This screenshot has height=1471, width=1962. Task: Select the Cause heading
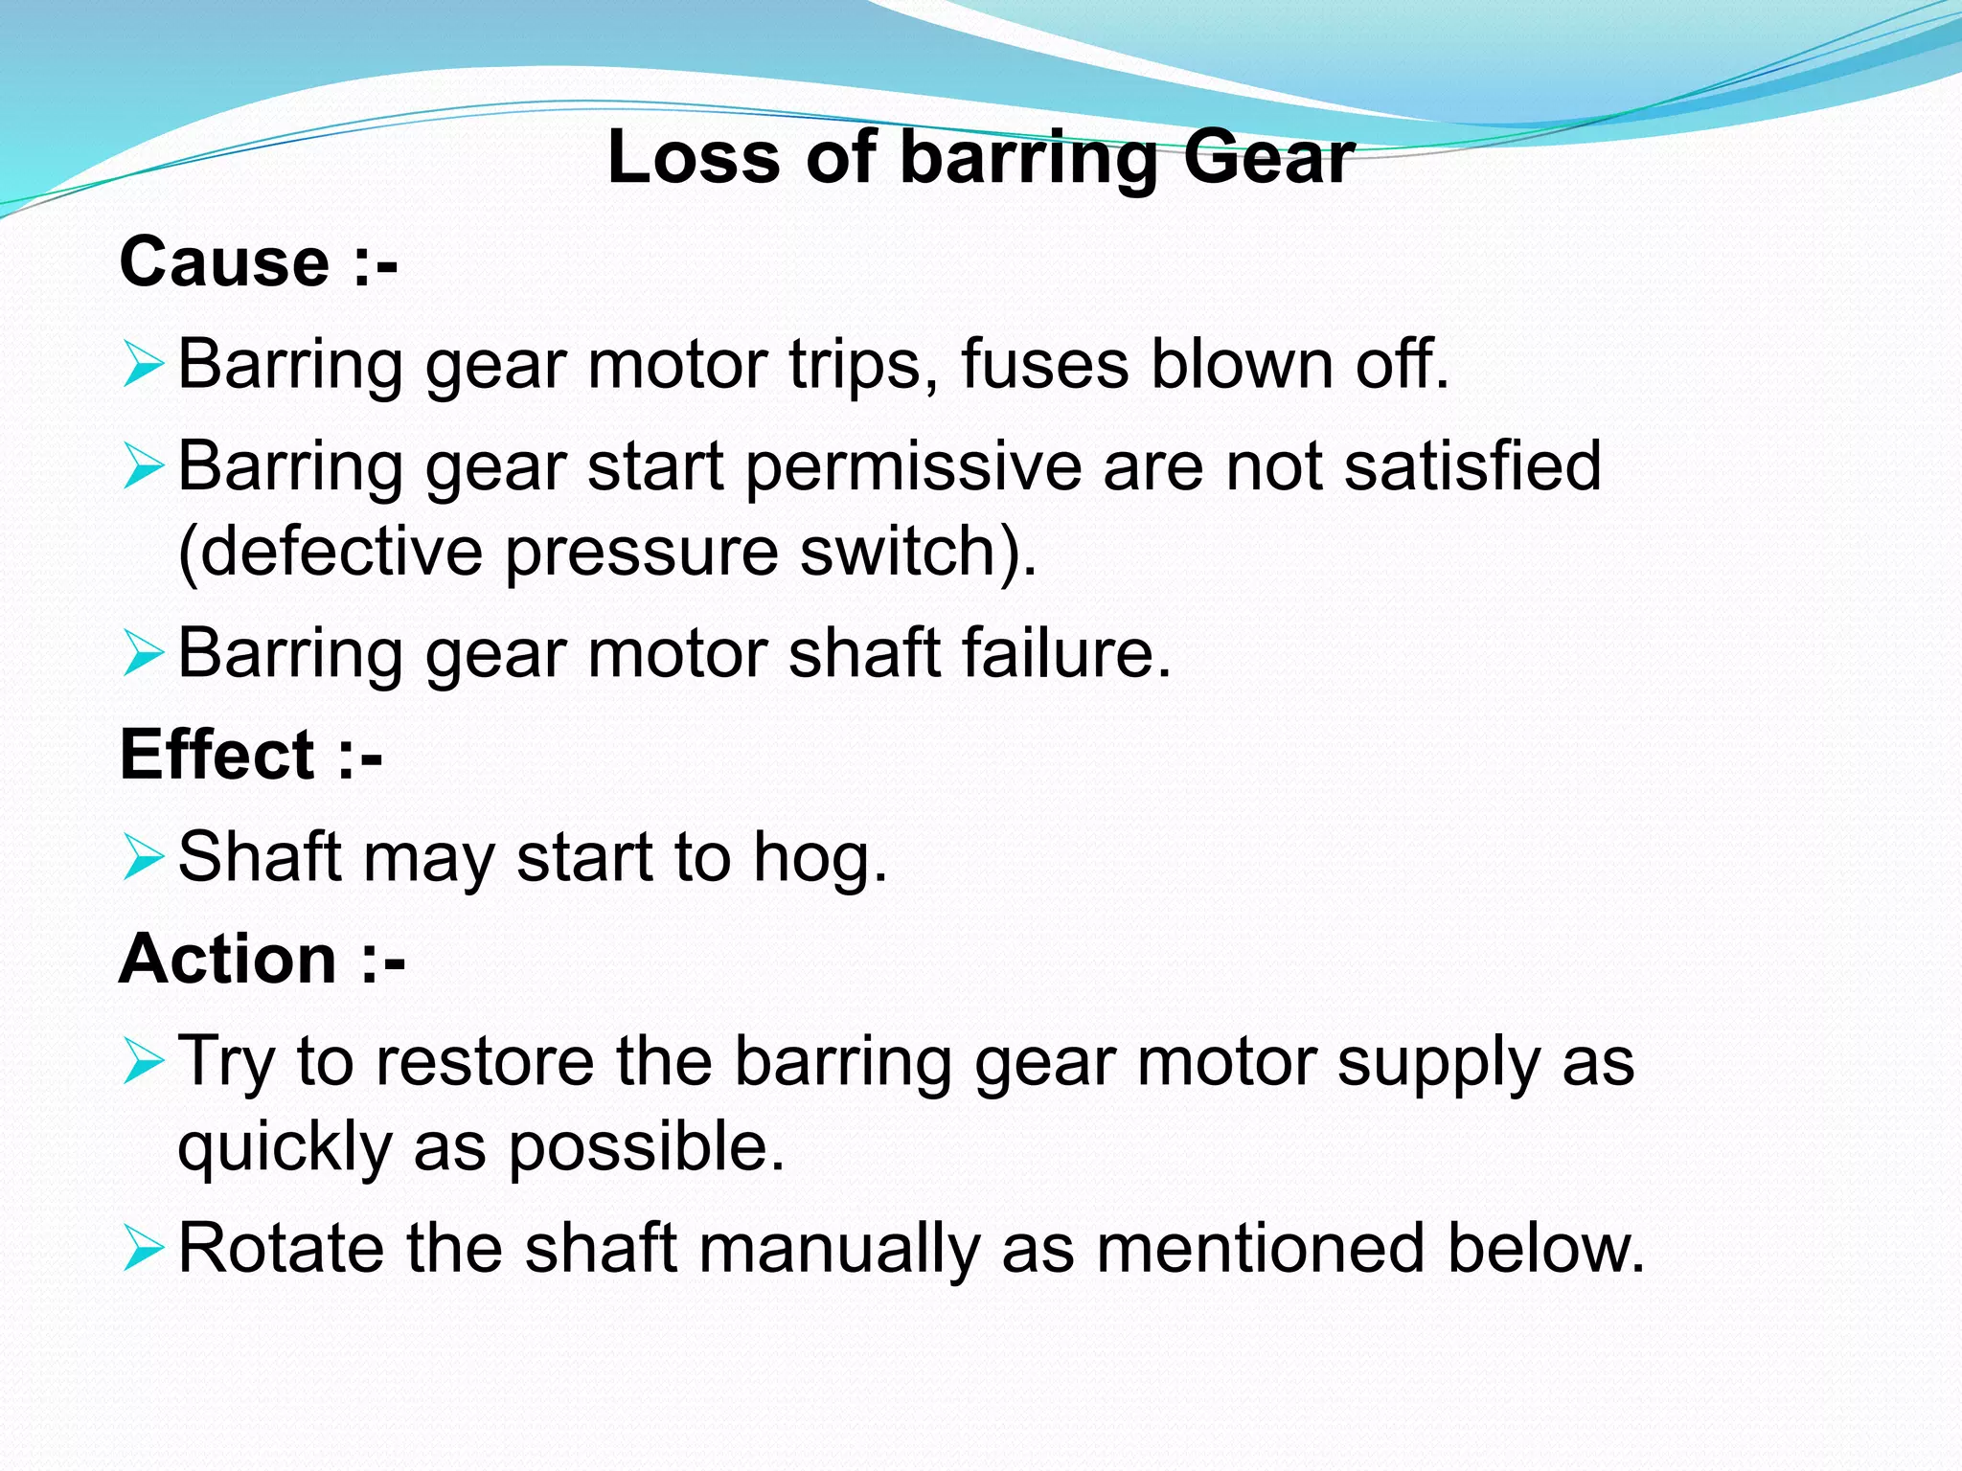pyautogui.click(x=224, y=261)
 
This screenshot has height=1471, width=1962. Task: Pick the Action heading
pyautogui.click(x=228, y=959)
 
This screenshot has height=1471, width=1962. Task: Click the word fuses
pyautogui.click(x=1045, y=365)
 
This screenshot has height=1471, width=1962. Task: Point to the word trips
pyautogui.click(x=855, y=367)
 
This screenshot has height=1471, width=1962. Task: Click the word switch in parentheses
pyautogui.click(x=906, y=552)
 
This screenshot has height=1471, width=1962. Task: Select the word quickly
pyautogui.click(x=285, y=1148)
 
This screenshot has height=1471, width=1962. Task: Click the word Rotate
pyautogui.click(x=282, y=1249)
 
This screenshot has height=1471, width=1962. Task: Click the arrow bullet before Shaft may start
pyautogui.click(x=143, y=857)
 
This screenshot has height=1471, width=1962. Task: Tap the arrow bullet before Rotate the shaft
pyautogui.click(x=143, y=1250)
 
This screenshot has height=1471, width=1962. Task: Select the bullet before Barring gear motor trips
pyautogui.click(x=143, y=366)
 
